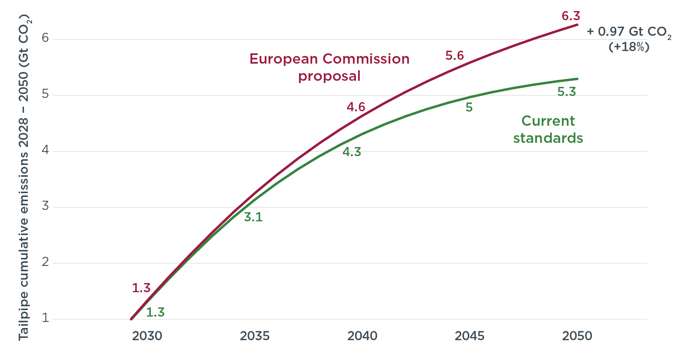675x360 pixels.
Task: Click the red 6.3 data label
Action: [571, 16]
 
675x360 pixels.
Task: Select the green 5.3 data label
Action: [566, 92]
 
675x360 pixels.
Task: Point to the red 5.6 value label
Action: [454, 56]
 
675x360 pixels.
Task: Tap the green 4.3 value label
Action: [352, 152]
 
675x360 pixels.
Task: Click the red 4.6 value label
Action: [356, 107]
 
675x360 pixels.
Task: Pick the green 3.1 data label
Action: [253, 217]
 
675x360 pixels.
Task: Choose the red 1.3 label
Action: [141, 288]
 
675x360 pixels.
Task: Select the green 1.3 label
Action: [155, 312]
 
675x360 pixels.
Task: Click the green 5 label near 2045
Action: [469, 107]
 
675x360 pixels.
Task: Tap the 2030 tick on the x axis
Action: [147, 336]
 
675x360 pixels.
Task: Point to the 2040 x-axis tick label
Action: [362, 336]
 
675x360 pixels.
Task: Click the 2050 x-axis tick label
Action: [577, 336]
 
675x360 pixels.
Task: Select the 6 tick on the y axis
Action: [45, 38]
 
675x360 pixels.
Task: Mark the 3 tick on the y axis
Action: [45, 206]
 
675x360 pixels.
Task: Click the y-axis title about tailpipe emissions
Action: [24, 177]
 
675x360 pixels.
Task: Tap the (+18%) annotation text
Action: [629, 47]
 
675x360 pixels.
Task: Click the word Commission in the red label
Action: [366, 59]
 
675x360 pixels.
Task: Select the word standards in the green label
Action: [548, 138]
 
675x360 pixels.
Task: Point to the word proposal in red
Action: [329, 76]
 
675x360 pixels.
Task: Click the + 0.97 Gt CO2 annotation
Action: [629, 32]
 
